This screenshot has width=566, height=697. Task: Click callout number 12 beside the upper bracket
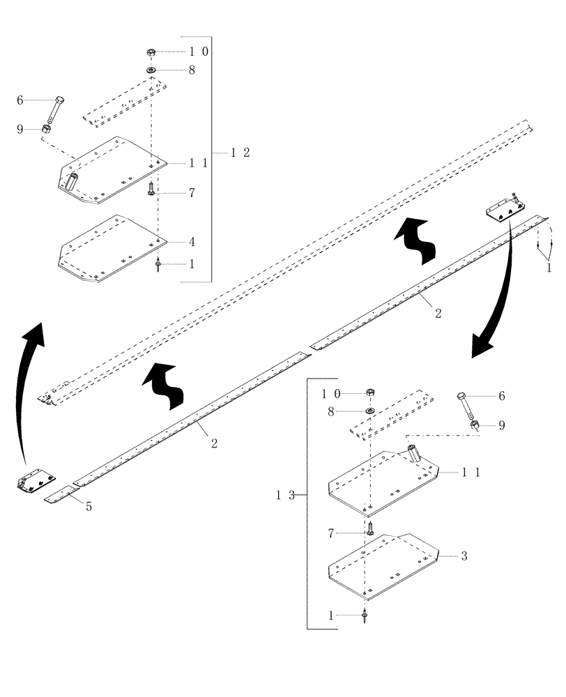pos(240,153)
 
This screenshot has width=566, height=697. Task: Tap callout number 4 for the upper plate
pos(191,242)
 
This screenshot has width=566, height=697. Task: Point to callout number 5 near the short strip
pos(89,507)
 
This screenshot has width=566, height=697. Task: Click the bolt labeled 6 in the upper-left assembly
pos(55,109)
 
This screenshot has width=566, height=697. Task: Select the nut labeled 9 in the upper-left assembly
pos(46,129)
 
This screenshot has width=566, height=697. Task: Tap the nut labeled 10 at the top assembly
pos(151,52)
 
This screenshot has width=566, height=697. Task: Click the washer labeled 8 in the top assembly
pos(151,70)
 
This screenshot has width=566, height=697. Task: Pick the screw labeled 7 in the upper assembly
pos(151,189)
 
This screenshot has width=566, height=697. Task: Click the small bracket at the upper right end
pos(505,208)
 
